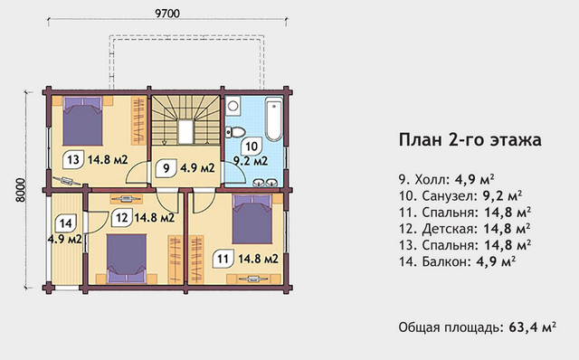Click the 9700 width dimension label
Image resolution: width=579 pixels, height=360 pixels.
(167, 14)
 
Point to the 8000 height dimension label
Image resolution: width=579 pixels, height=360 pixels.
(21, 190)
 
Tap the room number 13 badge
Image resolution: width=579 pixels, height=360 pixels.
(72, 160)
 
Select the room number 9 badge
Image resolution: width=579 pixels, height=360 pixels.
(166, 168)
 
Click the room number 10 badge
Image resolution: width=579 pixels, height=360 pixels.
(252, 147)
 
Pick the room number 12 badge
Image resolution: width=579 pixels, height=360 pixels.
(121, 217)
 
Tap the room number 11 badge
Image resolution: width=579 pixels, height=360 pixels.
(223, 259)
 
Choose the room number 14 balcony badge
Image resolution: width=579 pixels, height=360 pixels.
(65, 223)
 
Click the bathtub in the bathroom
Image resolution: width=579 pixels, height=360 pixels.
(274, 118)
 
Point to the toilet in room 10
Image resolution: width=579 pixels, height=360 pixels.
(235, 131)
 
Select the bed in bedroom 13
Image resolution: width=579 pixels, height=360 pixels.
(82, 120)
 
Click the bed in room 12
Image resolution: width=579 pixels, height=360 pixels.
(127, 259)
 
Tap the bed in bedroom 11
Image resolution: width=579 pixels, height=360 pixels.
(252, 219)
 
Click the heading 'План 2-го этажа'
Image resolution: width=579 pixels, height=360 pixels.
(470, 140)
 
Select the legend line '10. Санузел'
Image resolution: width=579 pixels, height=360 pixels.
(460, 195)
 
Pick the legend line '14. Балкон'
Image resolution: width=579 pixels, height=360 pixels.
(457, 261)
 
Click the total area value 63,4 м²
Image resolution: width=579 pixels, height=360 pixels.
(533, 327)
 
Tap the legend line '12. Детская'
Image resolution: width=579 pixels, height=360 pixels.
(464, 229)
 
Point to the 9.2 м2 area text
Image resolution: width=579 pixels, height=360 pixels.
(251, 161)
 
